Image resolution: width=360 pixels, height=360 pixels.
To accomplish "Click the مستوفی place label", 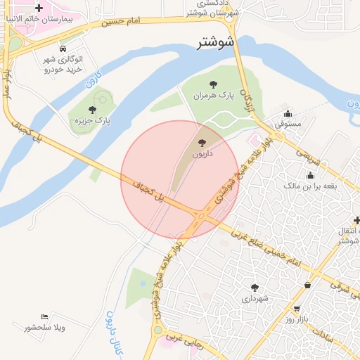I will pyautogui.click(x=288, y=124).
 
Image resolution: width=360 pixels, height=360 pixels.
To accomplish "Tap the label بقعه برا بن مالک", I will pyautogui.click(x=310, y=186).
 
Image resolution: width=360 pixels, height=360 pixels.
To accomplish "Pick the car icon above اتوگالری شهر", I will pyautogui.click(x=64, y=49).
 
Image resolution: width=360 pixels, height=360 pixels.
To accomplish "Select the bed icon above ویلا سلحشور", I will pyautogui.click(x=45, y=316).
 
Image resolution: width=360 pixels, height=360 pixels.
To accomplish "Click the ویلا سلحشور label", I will pyautogui.click(x=44, y=328).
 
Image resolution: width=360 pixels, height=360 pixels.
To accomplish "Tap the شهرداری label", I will pyautogui.click(x=255, y=299).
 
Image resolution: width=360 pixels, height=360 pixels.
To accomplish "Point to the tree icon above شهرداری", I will pyautogui.click(x=255, y=288).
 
